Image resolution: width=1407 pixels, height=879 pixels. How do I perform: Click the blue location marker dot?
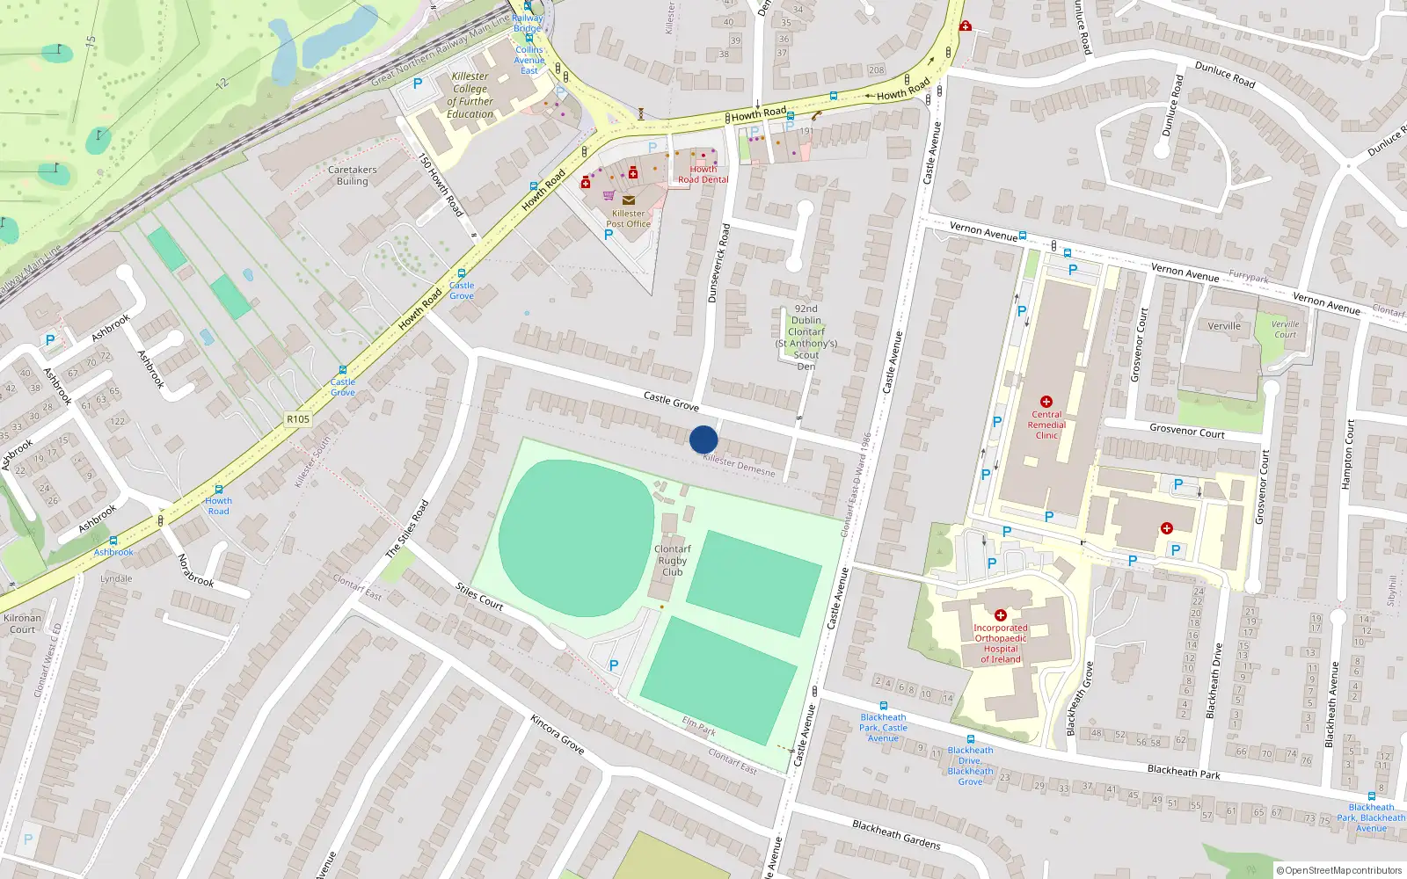[x=703, y=439]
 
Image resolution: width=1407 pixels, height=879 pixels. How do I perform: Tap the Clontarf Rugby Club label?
[x=673, y=560]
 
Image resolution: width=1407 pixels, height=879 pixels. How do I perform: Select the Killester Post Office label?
[x=628, y=218]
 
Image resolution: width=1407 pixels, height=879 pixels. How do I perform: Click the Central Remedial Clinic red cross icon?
[x=1046, y=402]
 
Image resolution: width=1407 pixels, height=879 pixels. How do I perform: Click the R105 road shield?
[x=298, y=419]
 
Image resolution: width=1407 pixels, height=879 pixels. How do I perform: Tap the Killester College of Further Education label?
[x=470, y=95]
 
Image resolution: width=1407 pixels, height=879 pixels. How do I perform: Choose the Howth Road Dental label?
[x=703, y=174]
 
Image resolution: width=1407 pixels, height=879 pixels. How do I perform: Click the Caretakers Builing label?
[x=352, y=175]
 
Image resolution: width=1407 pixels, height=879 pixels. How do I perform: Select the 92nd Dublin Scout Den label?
[x=806, y=337]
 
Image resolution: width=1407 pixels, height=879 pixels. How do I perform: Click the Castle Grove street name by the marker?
[x=671, y=402]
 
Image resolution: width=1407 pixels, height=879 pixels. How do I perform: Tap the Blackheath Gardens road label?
[x=896, y=834]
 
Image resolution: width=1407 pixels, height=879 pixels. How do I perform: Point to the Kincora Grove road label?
[x=558, y=733]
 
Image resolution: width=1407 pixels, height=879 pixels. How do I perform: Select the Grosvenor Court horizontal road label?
[x=1187, y=431]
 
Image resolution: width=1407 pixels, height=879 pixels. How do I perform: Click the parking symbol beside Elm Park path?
[x=614, y=665]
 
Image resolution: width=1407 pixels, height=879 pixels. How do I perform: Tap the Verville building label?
[x=1224, y=326]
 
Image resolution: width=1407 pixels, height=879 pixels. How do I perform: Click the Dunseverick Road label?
[x=718, y=264]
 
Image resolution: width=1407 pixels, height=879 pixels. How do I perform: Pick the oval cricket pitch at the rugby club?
[x=576, y=538]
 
